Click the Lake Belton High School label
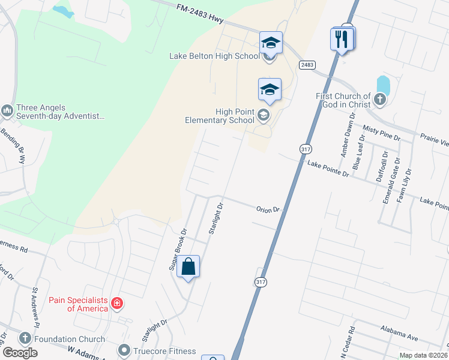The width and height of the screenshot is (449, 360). (214, 56)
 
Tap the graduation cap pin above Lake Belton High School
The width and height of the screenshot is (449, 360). (271, 43)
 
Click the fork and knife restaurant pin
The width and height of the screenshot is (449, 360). (341, 40)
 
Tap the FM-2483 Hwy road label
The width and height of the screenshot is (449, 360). (200, 14)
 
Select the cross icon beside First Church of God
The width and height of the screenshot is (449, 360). (379, 99)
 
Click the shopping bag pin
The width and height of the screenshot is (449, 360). (188, 267)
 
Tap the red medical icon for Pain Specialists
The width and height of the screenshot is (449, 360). (116, 304)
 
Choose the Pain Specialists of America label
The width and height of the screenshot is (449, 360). (79, 304)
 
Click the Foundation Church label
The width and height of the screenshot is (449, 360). (70, 338)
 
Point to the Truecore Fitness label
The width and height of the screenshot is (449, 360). (165, 350)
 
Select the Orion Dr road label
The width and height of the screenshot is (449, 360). (268, 209)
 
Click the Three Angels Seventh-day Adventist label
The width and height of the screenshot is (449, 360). (57, 112)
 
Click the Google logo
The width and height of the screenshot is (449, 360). (20, 353)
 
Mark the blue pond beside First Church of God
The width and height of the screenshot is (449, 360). (384, 86)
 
